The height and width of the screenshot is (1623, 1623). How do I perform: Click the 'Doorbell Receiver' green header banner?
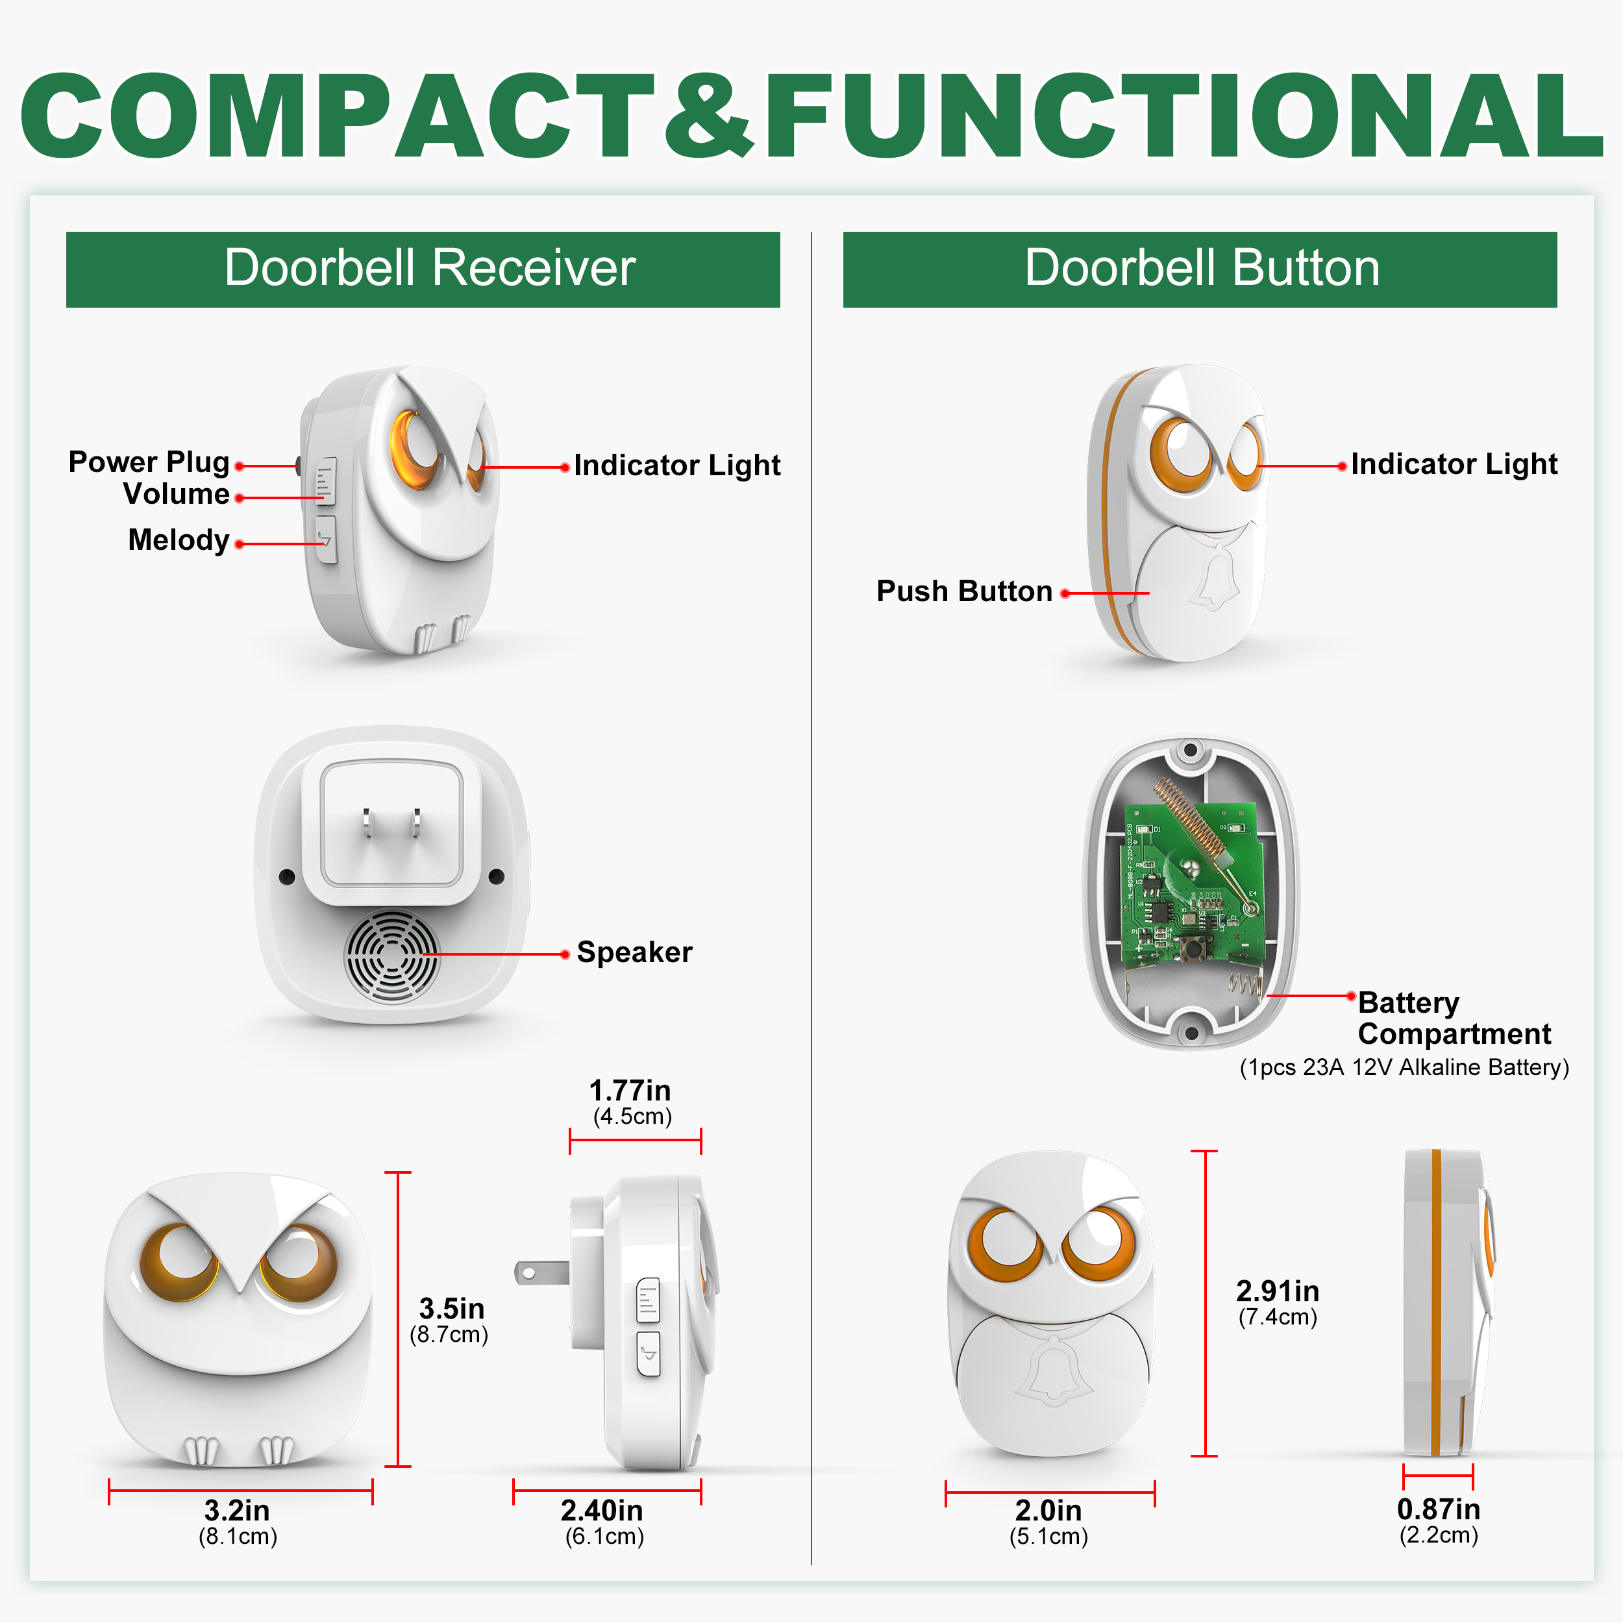(x=423, y=269)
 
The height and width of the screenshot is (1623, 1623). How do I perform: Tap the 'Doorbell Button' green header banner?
(x=1200, y=269)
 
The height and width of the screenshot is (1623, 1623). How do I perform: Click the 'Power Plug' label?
(x=149, y=462)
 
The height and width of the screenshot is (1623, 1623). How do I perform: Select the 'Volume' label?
(x=177, y=494)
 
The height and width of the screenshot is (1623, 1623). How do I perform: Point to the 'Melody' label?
(x=179, y=540)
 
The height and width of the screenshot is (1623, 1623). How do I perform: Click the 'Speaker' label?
(x=634, y=952)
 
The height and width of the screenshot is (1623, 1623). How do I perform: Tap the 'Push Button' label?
(x=965, y=591)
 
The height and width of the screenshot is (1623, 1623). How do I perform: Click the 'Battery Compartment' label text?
(x=1454, y=1018)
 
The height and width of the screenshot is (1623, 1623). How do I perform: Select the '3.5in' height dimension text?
(x=452, y=1308)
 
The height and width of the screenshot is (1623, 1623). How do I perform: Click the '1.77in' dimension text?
(x=630, y=1091)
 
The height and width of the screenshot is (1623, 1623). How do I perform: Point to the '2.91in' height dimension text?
(x=1278, y=1291)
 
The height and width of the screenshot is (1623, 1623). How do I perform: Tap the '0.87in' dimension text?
(x=1438, y=1509)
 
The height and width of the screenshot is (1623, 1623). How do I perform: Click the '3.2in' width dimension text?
(x=237, y=1511)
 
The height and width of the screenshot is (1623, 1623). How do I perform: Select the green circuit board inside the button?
(x=1192, y=883)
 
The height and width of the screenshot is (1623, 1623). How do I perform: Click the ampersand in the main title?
(x=709, y=115)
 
